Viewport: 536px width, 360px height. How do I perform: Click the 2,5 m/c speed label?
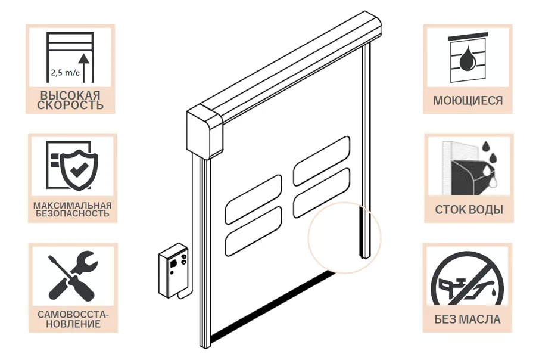click(66, 73)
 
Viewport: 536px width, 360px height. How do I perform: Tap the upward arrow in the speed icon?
click(84, 68)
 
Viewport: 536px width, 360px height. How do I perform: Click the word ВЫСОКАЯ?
click(70, 95)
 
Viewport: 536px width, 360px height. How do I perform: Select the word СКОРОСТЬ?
click(70, 105)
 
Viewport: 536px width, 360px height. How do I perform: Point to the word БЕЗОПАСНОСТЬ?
click(73, 213)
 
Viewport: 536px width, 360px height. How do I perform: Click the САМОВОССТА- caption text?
click(73, 315)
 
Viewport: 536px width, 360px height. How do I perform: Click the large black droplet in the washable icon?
click(465, 58)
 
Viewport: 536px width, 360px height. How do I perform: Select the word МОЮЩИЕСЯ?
click(468, 101)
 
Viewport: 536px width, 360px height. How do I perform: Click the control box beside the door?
click(173, 269)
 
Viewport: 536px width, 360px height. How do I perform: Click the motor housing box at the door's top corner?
click(204, 131)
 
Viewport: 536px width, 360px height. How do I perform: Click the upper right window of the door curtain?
click(322, 161)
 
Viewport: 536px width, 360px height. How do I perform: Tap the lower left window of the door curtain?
click(254, 231)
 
